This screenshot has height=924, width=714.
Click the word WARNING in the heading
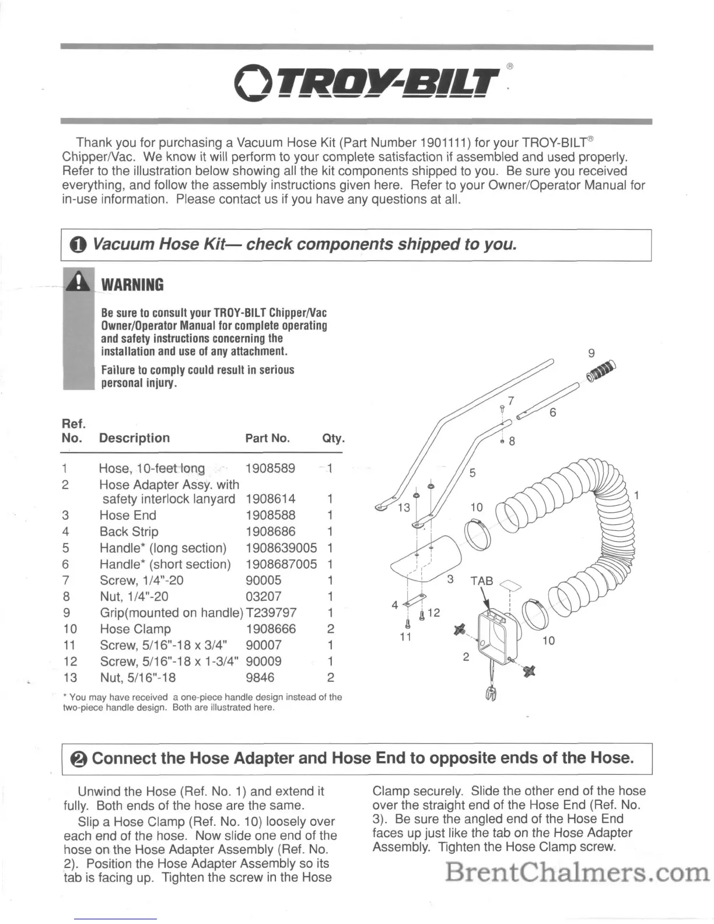132,285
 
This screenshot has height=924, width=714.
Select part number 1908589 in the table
270,468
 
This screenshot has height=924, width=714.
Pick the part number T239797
271,612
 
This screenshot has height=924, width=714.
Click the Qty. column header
333,438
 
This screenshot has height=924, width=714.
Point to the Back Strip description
129,531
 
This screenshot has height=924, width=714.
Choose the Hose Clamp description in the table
135,629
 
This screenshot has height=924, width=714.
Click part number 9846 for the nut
260,677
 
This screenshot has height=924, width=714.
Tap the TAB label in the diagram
482,581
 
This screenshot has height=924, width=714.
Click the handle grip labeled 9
601,372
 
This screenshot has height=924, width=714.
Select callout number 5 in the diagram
473,473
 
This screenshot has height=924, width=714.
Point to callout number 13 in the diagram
404,508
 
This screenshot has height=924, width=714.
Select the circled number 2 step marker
79,759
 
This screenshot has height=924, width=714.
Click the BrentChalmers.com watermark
577,872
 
